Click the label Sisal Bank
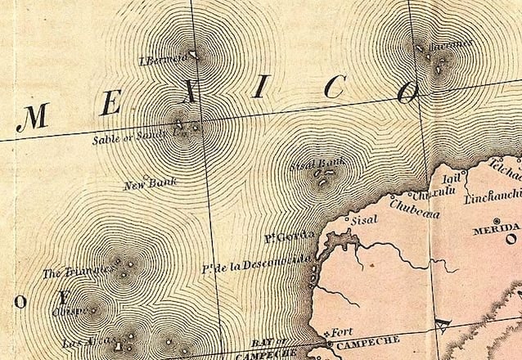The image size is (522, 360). [x=317, y=164]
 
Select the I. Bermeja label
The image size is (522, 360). [x=163, y=59]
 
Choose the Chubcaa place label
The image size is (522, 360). [x=414, y=214]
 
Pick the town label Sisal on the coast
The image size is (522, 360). [x=364, y=220]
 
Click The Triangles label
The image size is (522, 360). [x=79, y=272]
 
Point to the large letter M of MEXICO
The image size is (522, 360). [x=32, y=119]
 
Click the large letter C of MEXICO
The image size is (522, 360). [x=333, y=88]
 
